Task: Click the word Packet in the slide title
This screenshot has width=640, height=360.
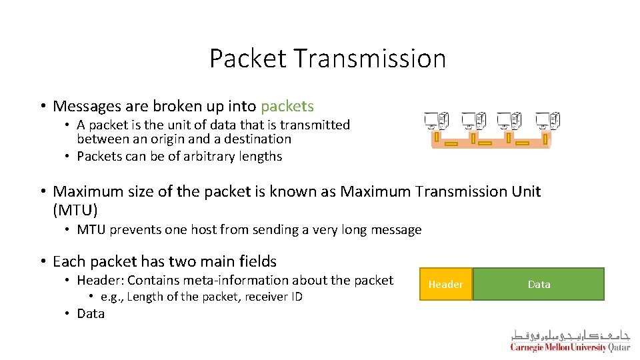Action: (248, 59)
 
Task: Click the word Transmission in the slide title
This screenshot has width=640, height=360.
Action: (370, 59)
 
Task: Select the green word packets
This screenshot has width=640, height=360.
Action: (287, 106)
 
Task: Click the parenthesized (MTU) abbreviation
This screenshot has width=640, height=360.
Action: (75, 211)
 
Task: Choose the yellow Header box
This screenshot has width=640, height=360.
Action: (445, 284)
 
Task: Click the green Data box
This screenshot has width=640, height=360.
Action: (539, 284)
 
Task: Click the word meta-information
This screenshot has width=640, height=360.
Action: (265, 280)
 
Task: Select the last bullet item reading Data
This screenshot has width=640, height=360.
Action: (91, 314)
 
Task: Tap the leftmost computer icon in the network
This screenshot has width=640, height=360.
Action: (437, 121)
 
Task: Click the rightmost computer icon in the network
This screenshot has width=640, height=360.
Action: (548, 121)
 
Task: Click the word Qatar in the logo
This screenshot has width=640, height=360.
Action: (619, 347)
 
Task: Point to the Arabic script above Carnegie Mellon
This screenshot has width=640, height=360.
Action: (571, 335)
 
